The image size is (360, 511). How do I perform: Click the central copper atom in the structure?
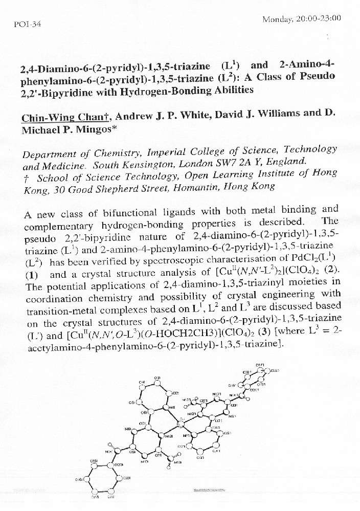(x=179, y=424)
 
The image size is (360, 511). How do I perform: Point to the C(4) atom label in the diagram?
(x=142, y=382)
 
